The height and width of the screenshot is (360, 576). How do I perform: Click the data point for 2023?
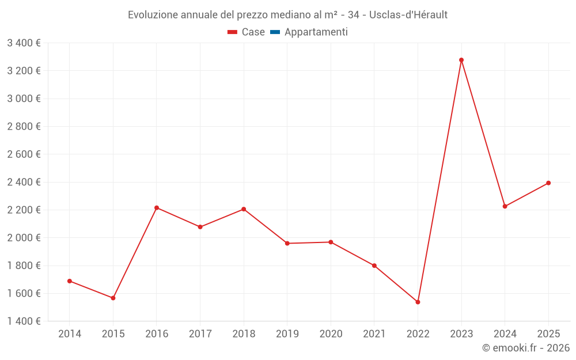pos(461,60)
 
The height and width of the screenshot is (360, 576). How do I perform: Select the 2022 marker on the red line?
pos(418,302)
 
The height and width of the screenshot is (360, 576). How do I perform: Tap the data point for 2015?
pos(113,298)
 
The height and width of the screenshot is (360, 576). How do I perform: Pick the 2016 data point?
pos(157,208)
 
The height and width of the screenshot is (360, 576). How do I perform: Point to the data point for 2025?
pos(548,183)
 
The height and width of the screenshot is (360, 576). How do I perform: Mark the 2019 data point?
pos(287,243)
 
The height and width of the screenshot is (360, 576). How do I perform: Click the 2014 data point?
pos(70,281)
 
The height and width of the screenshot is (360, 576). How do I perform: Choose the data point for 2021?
pos(374,266)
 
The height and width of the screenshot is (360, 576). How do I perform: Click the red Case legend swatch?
pos(232,32)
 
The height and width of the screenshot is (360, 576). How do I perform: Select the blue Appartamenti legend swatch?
pos(275,32)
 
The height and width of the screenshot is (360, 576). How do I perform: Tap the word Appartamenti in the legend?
pos(316,32)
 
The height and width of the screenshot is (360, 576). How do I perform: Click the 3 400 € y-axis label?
pos(24,43)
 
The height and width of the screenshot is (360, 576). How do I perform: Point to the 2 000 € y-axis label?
pos(24,237)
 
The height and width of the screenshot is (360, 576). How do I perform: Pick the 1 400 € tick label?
pos(24,321)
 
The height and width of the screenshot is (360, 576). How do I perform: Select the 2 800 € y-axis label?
pos(24,126)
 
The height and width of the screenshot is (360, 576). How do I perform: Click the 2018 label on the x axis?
pos(244,334)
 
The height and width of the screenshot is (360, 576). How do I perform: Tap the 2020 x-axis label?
pos(331,334)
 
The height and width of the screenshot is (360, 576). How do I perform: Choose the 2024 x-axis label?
pos(505,334)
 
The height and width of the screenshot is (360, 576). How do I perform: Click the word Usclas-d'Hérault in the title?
pos(408,15)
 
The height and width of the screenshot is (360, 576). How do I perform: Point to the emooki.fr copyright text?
pos(525,348)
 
